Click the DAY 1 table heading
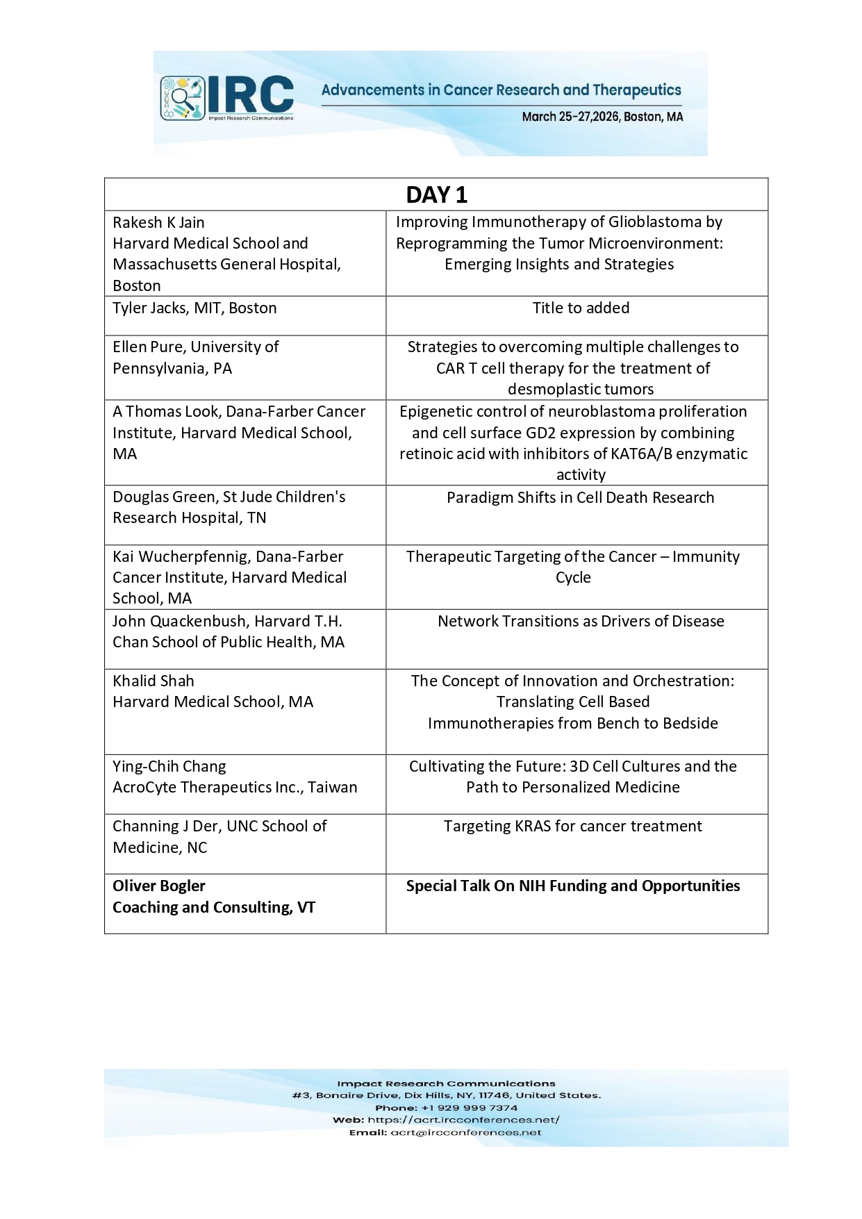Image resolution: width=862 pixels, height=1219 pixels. pyautogui.click(x=436, y=195)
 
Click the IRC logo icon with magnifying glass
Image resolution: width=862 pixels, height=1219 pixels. pyautogui.click(x=183, y=97)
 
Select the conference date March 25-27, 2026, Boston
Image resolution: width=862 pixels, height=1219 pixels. pyautogui.click(x=602, y=117)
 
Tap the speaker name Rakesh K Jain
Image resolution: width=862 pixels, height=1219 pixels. pyautogui.click(x=158, y=222)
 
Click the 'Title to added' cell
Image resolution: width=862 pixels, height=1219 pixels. pyautogui.click(x=581, y=308)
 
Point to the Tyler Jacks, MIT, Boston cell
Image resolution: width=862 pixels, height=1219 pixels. pyautogui.click(x=194, y=308)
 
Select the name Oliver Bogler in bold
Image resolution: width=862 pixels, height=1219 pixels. pyautogui.click(x=159, y=886)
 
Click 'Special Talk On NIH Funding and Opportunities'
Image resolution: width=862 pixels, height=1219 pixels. pyautogui.click(x=573, y=886)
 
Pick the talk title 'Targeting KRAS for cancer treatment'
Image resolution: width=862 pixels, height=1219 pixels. pyautogui.click(x=573, y=826)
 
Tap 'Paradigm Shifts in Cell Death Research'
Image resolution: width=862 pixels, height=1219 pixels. pyautogui.click(x=580, y=497)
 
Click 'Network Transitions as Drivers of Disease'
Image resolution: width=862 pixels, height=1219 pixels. pyautogui.click(x=581, y=621)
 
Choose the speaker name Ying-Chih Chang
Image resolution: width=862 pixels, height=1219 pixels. pyautogui.click(x=169, y=766)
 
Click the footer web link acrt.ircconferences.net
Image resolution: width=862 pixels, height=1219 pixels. pyautogui.click(x=463, y=1120)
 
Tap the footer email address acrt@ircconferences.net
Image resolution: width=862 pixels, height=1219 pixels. pyautogui.click(x=465, y=1132)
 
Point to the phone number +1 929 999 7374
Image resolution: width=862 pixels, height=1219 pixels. pyautogui.click(x=469, y=1108)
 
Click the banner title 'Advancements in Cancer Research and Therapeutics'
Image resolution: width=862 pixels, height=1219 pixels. pyautogui.click(x=501, y=90)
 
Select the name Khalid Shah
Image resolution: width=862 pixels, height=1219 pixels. pyautogui.click(x=154, y=681)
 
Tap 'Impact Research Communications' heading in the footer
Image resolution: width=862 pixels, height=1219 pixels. pyautogui.click(x=446, y=1084)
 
